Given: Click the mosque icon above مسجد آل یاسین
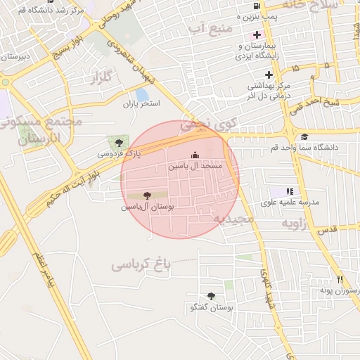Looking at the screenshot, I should tap(195, 155).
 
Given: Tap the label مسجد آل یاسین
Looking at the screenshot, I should tap(195, 167).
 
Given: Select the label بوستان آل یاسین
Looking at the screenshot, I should tap(147, 207).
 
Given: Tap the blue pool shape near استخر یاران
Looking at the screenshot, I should tap(143, 94).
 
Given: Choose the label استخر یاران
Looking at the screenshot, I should tap(142, 104).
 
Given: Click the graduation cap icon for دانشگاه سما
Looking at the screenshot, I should tap(304, 137).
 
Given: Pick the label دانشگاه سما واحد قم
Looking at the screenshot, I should tap(304, 148).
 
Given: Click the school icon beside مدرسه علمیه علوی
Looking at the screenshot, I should tap(290, 191).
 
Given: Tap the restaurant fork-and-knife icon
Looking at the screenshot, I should tap(340, 279).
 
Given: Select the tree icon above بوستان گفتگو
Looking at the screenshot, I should tap(211, 296).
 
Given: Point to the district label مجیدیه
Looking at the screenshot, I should tap(233, 220).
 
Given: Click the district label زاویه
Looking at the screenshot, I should tap(296, 223).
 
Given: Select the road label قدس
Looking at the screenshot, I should tap(327, 229).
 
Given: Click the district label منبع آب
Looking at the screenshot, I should tap(206, 28).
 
